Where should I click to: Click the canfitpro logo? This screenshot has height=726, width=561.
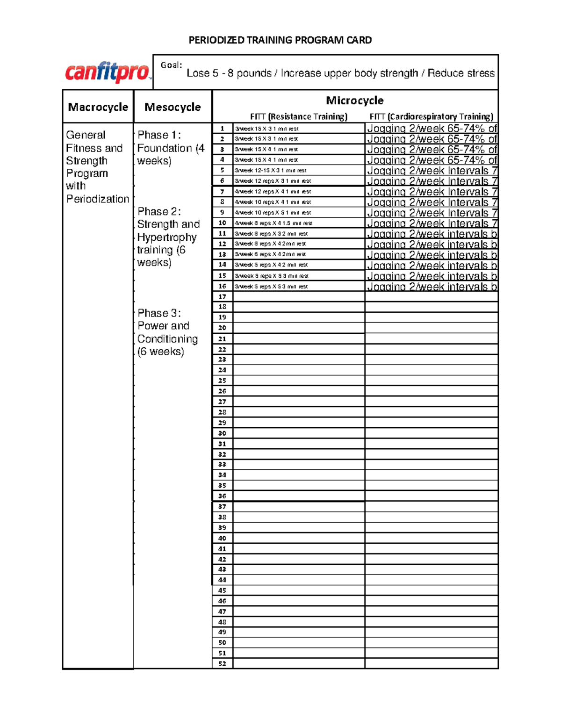[x=108, y=72]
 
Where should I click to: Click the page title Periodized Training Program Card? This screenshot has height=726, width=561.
[x=280, y=40]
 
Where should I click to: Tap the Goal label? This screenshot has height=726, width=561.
[x=171, y=65]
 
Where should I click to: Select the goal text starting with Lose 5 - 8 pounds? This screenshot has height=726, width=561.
[x=340, y=73]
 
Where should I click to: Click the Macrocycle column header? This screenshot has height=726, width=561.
[x=98, y=107]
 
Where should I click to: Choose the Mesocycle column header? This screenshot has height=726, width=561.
[x=173, y=107]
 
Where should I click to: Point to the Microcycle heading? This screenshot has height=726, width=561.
[x=354, y=101]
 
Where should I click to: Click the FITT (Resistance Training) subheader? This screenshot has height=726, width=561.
[x=299, y=116]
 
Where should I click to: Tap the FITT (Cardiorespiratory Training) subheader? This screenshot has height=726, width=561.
[x=431, y=116]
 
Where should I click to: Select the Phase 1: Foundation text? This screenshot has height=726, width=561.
[x=171, y=148]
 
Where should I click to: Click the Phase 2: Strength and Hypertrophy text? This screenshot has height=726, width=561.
[x=168, y=237]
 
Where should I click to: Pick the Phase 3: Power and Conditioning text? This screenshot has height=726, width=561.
[x=167, y=332]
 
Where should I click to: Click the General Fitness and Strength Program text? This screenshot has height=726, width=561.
[x=97, y=167]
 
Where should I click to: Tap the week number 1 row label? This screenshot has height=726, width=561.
[x=222, y=129]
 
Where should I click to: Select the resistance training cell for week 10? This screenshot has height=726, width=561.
[x=298, y=223]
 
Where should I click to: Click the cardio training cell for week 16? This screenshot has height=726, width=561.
[x=431, y=287]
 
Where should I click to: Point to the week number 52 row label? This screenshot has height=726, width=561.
[x=222, y=664]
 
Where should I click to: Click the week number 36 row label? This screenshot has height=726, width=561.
[x=222, y=496]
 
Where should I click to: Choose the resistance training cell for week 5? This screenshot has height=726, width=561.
[x=298, y=171]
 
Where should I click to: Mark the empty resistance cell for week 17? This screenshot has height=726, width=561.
[x=298, y=297]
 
